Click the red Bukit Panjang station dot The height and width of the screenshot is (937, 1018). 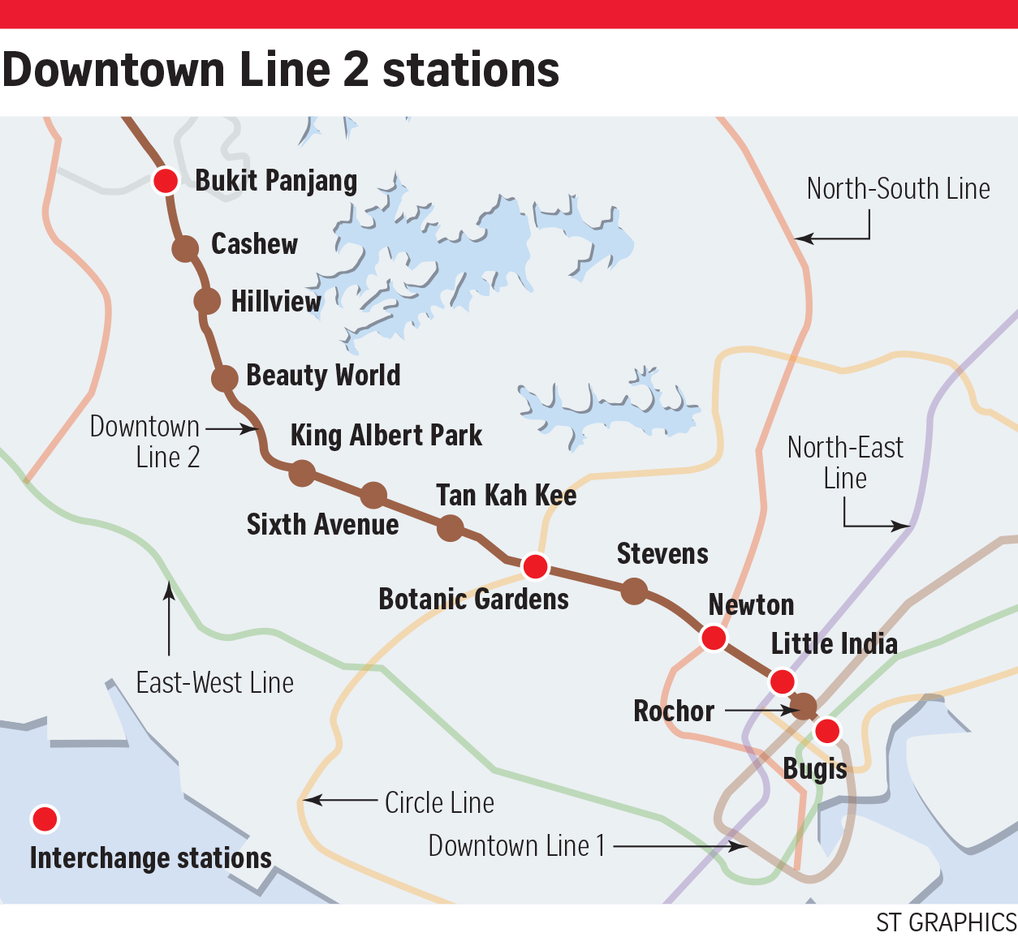(166, 180)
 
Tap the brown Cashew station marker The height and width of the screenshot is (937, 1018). (185, 248)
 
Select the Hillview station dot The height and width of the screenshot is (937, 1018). (207, 301)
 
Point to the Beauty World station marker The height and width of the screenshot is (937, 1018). (224, 377)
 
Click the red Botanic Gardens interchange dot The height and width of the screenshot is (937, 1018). (535, 566)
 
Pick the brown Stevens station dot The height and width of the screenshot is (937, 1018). (633, 591)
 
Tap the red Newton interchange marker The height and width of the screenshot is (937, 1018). (714, 638)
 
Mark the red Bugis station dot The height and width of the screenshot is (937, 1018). (827, 731)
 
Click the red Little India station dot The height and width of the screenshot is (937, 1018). (782, 681)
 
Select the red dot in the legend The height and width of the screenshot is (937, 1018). (45, 819)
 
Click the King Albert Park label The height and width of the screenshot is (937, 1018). (386, 436)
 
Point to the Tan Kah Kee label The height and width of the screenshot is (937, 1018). (506, 495)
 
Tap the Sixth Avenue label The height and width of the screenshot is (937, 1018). (322, 525)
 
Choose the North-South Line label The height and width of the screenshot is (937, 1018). (898, 189)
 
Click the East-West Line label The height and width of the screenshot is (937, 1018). (214, 683)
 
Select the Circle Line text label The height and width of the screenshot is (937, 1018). (439, 803)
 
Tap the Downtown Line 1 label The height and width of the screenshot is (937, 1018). (516, 846)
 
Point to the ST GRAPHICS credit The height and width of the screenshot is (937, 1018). (946, 922)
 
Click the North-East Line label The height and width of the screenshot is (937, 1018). (845, 462)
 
